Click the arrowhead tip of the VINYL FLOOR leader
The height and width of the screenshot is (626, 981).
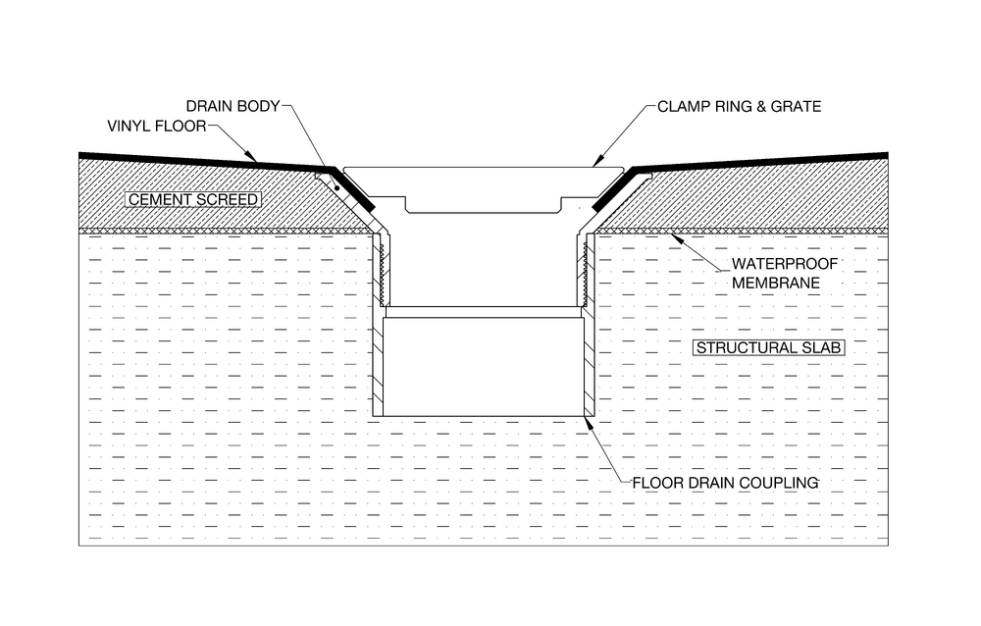(x=256, y=162)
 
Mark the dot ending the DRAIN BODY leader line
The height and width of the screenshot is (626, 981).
(x=336, y=187)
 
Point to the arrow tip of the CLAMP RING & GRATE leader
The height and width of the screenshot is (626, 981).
(x=594, y=167)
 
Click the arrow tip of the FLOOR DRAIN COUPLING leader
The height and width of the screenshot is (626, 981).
(x=585, y=417)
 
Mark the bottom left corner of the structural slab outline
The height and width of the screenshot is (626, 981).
(x=78, y=546)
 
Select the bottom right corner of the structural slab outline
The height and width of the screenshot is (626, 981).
(x=889, y=546)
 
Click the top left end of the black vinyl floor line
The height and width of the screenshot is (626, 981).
(x=78, y=154)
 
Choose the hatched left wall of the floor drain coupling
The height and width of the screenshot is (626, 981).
(x=378, y=362)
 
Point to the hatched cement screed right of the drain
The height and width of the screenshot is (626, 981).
(x=750, y=194)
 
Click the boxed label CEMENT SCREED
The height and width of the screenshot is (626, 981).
(x=193, y=200)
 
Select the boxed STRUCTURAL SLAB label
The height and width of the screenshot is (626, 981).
(x=769, y=348)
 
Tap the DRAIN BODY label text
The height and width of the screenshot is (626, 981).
(x=232, y=106)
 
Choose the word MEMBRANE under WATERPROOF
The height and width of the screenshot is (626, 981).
(x=776, y=283)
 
